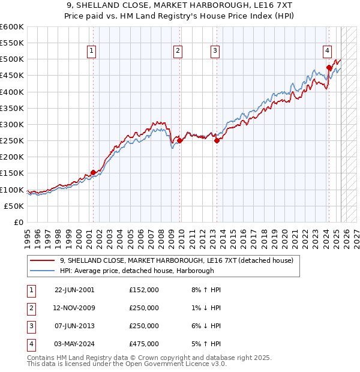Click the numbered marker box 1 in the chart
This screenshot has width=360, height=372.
click(91, 52)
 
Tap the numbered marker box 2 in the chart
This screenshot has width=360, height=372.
click(178, 52)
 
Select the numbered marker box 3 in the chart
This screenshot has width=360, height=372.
click(215, 52)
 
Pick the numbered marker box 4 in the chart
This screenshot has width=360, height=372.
click(327, 52)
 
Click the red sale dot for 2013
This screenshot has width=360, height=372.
click(217, 141)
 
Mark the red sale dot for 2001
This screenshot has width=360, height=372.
click(93, 173)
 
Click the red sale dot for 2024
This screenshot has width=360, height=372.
click(329, 68)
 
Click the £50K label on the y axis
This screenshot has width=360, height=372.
click(14, 206)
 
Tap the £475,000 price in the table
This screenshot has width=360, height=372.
click(144, 344)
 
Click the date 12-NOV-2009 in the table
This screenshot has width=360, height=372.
click(74, 308)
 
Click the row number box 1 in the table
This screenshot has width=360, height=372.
click(31, 290)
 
